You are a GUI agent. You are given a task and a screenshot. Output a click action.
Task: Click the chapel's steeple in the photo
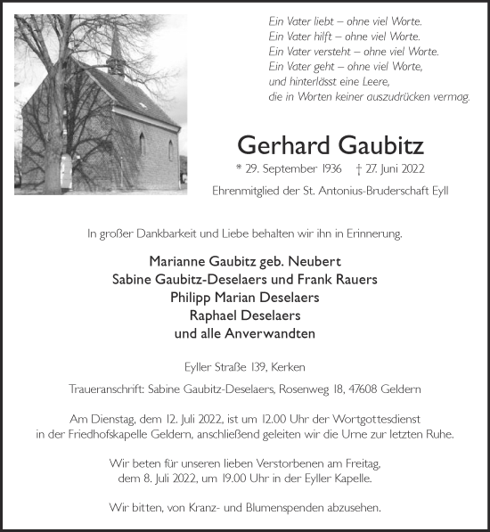click(117, 49)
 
